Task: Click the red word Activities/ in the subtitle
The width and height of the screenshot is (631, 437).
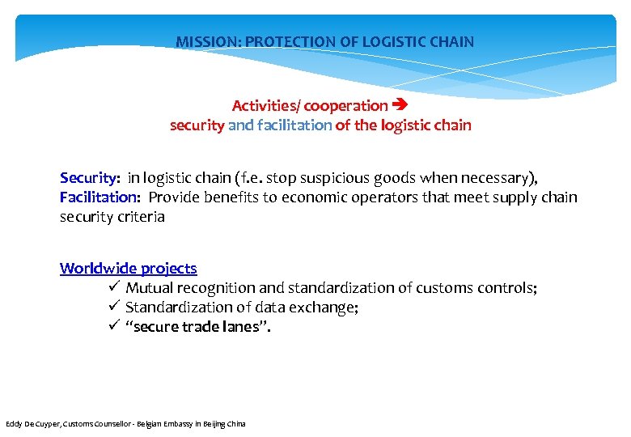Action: click(257, 105)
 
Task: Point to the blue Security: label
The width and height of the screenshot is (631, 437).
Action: click(90, 177)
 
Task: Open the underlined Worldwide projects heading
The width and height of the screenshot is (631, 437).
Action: click(128, 268)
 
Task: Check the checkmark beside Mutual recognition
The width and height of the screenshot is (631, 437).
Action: click(113, 287)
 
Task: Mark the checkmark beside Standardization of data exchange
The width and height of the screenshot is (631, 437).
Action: click(113, 307)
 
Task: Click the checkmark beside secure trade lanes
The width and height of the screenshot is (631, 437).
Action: click(113, 326)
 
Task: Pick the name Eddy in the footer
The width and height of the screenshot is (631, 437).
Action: click(14, 424)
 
